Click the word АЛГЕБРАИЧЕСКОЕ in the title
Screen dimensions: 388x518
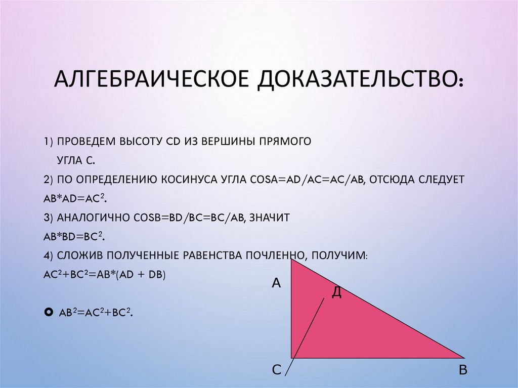[x=151, y=80]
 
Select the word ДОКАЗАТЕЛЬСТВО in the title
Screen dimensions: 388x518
[x=357, y=80]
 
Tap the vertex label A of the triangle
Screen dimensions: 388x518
[x=276, y=283]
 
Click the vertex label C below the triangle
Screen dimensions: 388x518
[x=276, y=370]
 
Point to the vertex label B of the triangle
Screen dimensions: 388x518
[x=462, y=370]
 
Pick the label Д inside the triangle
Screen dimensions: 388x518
[x=336, y=292]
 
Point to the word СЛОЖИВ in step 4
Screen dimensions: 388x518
[x=81, y=256]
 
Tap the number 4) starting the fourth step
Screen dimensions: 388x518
[x=48, y=256]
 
